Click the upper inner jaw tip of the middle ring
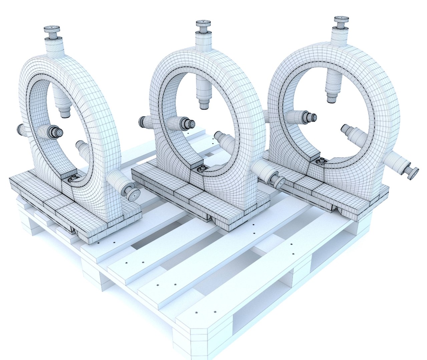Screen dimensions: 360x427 coord(203,105)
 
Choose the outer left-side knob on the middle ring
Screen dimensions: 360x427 coord(142,121)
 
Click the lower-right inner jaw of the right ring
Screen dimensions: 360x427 coord(346,127)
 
